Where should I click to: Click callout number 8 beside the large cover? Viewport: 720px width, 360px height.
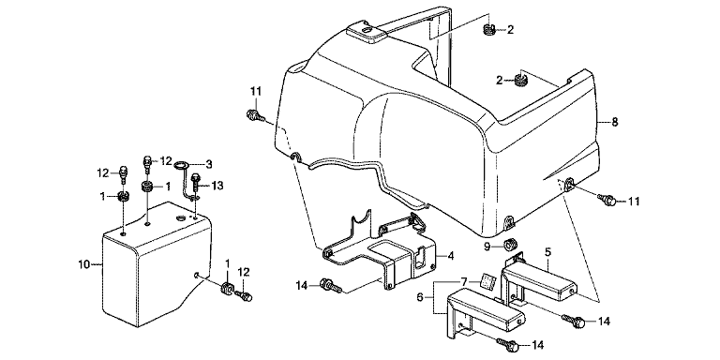click(615, 122)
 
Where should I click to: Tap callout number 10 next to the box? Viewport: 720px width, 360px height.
click(83, 264)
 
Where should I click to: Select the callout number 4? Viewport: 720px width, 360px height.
click(450, 256)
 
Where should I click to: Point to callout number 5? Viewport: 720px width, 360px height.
click(548, 252)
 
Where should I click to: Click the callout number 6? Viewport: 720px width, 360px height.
click(419, 297)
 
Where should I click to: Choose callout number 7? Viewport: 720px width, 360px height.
click(464, 280)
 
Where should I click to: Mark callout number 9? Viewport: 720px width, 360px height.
click(487, 247)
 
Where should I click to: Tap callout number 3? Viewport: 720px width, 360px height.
click(208, 163)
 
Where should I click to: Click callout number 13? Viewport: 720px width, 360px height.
click(217, 186)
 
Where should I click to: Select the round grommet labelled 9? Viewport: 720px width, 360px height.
click(508, 246)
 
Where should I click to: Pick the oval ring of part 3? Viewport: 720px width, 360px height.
click(182, 164)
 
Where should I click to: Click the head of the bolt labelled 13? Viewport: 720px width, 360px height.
click(196, 177)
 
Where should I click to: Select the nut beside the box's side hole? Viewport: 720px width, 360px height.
click(227, 289)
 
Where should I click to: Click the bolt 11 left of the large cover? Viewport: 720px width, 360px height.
click(255, 114)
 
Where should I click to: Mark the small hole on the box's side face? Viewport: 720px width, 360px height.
click(196, 275)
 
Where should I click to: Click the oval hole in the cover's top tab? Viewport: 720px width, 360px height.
click(367, 29)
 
